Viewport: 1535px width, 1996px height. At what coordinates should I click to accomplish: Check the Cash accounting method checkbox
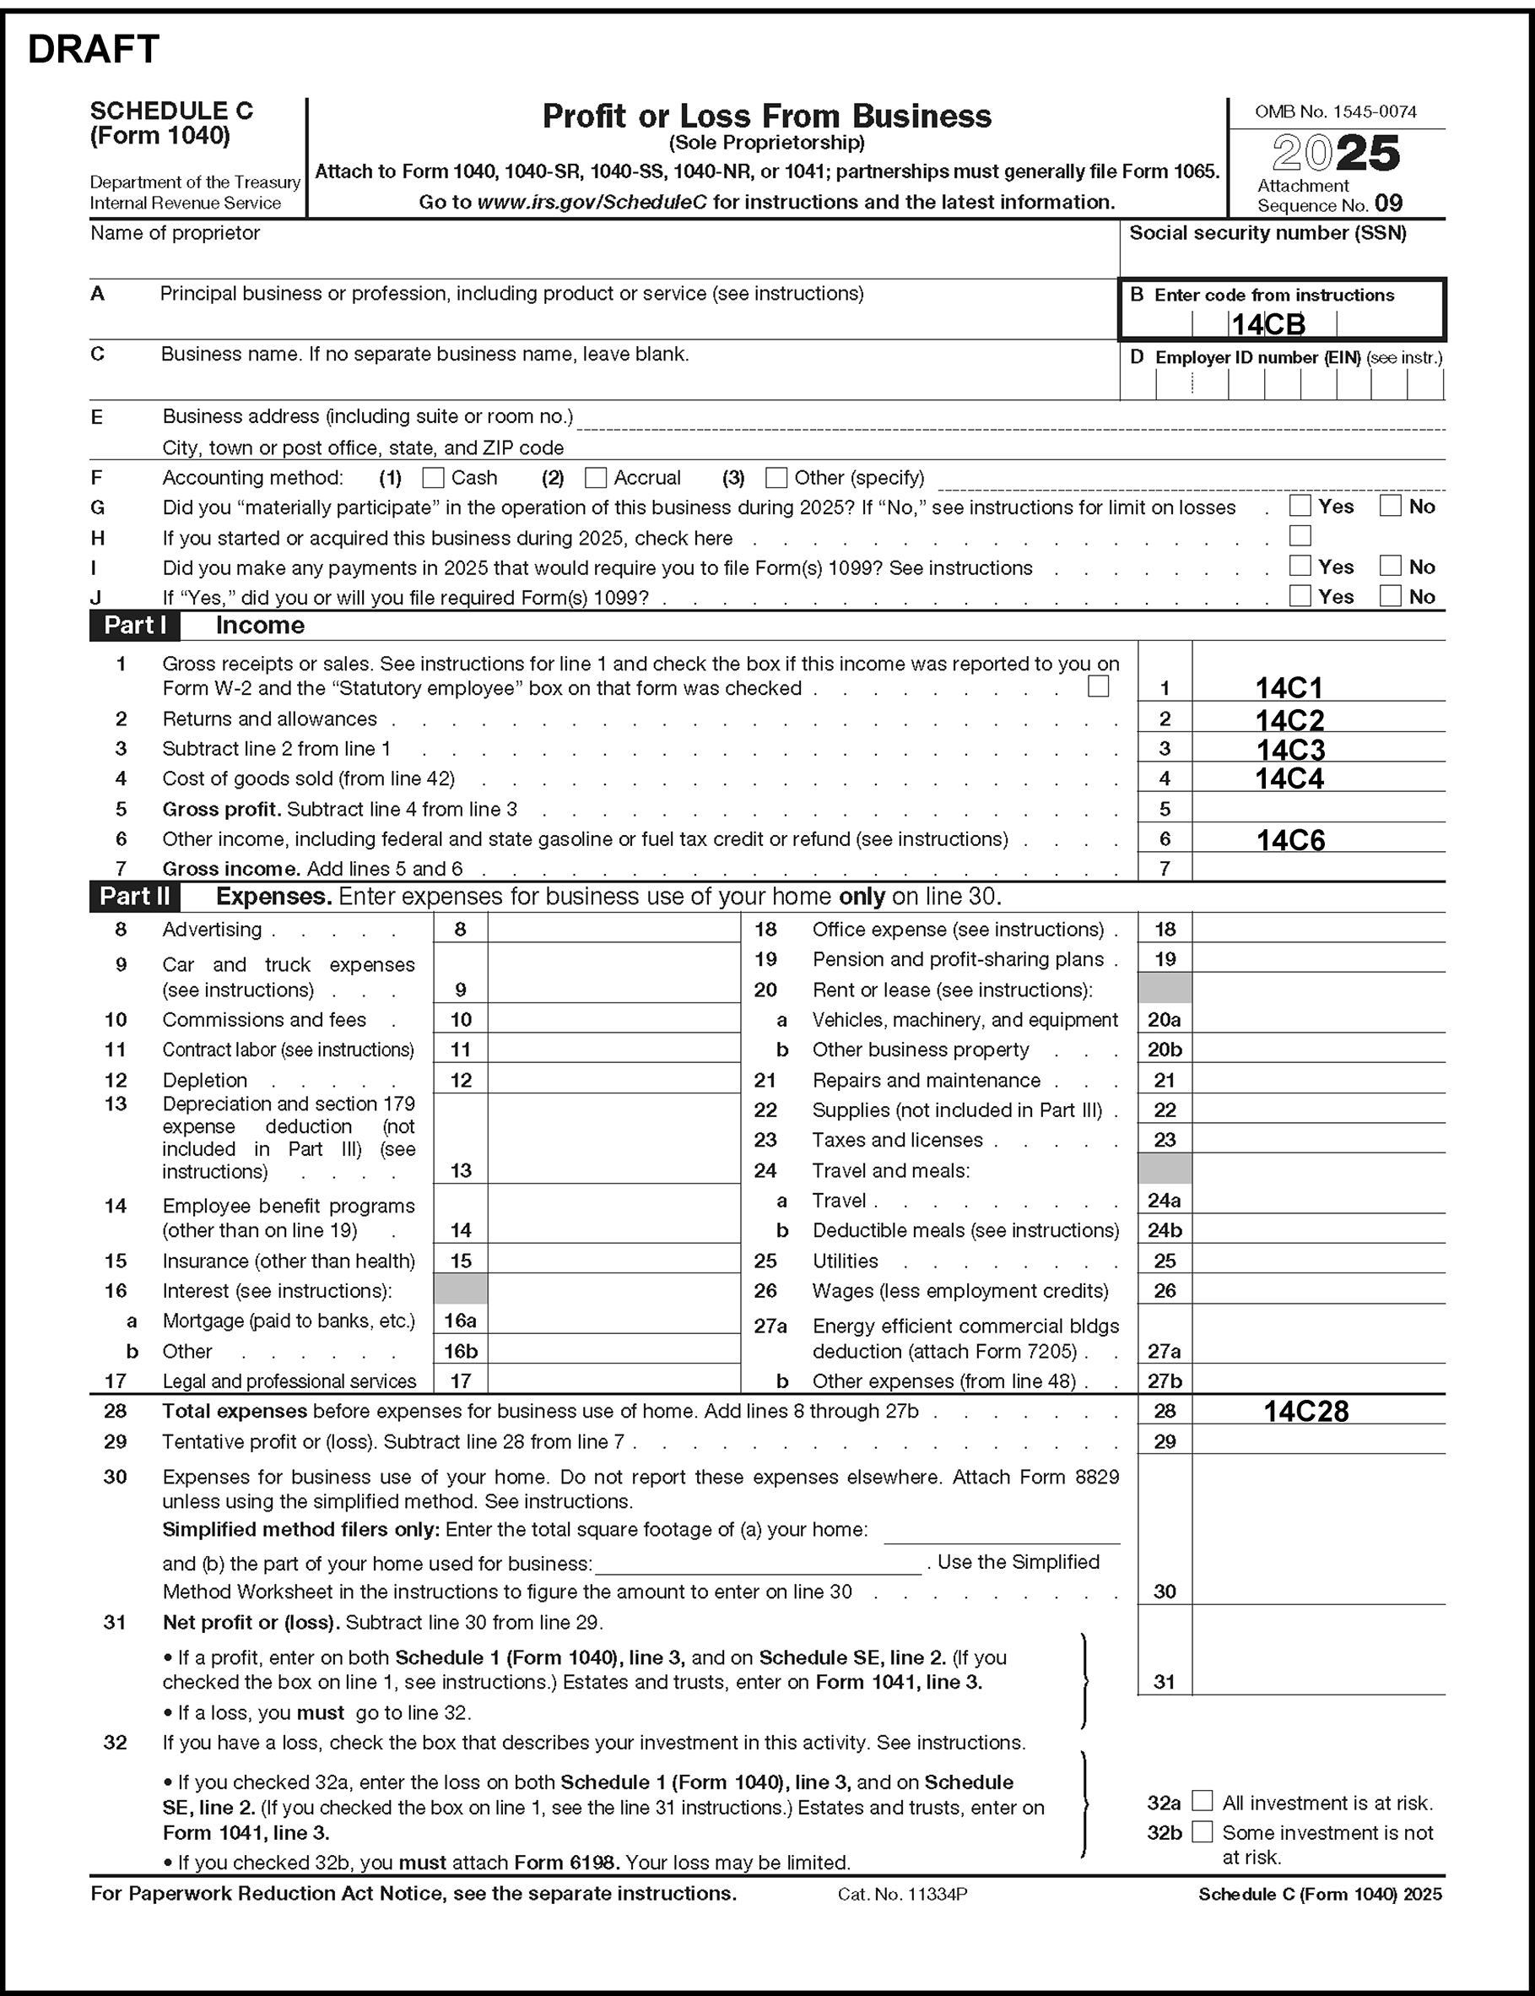433,478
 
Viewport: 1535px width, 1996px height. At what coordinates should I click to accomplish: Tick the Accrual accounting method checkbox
596,478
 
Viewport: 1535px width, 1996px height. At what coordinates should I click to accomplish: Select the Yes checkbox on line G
1300,506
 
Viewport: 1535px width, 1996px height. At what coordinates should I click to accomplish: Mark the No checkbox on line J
1390,596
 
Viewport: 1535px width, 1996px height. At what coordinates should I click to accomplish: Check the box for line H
1300,535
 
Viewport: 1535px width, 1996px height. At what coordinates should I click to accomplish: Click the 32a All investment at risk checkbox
1203,1801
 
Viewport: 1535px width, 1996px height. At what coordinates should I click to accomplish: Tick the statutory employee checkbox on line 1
1098,686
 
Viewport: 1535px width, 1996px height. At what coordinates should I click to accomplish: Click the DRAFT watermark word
95,49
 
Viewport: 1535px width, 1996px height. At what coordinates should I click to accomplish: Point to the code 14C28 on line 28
1305,1411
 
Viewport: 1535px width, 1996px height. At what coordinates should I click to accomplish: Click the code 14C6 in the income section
1290,840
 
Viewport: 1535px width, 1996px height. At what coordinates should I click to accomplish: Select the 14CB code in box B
1267,324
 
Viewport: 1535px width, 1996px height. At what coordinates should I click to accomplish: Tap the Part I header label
135,625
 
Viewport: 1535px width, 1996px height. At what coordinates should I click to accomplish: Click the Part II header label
135,896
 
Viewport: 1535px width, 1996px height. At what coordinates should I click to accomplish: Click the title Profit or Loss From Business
766,116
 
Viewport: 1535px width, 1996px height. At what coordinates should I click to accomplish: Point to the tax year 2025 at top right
1336,154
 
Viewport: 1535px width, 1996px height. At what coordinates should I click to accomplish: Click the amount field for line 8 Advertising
613,930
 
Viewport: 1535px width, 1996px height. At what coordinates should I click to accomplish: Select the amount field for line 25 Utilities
1317,1261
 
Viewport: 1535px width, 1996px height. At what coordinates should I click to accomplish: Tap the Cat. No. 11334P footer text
902,1894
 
